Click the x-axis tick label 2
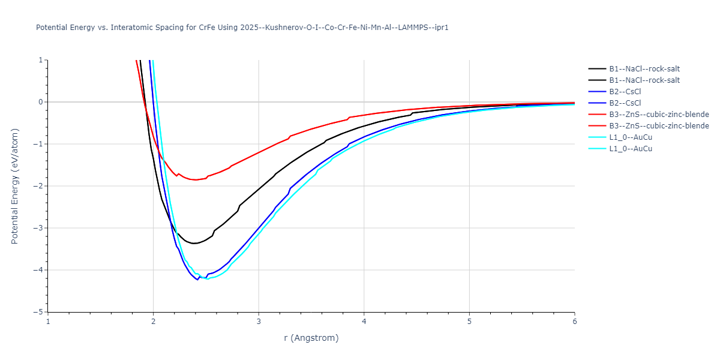[x=153, y=321]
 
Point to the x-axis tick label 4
[x=364, y=321]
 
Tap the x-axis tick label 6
[x=575, y=321]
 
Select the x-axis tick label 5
[x=469, y=321]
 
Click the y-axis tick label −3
[x=39, y=228]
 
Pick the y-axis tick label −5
[x=39, y=312]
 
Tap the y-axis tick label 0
[x=41, y=102]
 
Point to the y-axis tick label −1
[x=39, y=144]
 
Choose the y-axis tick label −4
[x=39, y=270]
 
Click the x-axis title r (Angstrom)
[x=311, y=338]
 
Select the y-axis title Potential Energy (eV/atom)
[x=15, y=186]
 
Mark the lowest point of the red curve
[x=196, y=179]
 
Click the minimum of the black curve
[x=194, y=243]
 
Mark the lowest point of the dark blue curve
[x=197, y=280]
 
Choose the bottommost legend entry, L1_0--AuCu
[x=630, y=149]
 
